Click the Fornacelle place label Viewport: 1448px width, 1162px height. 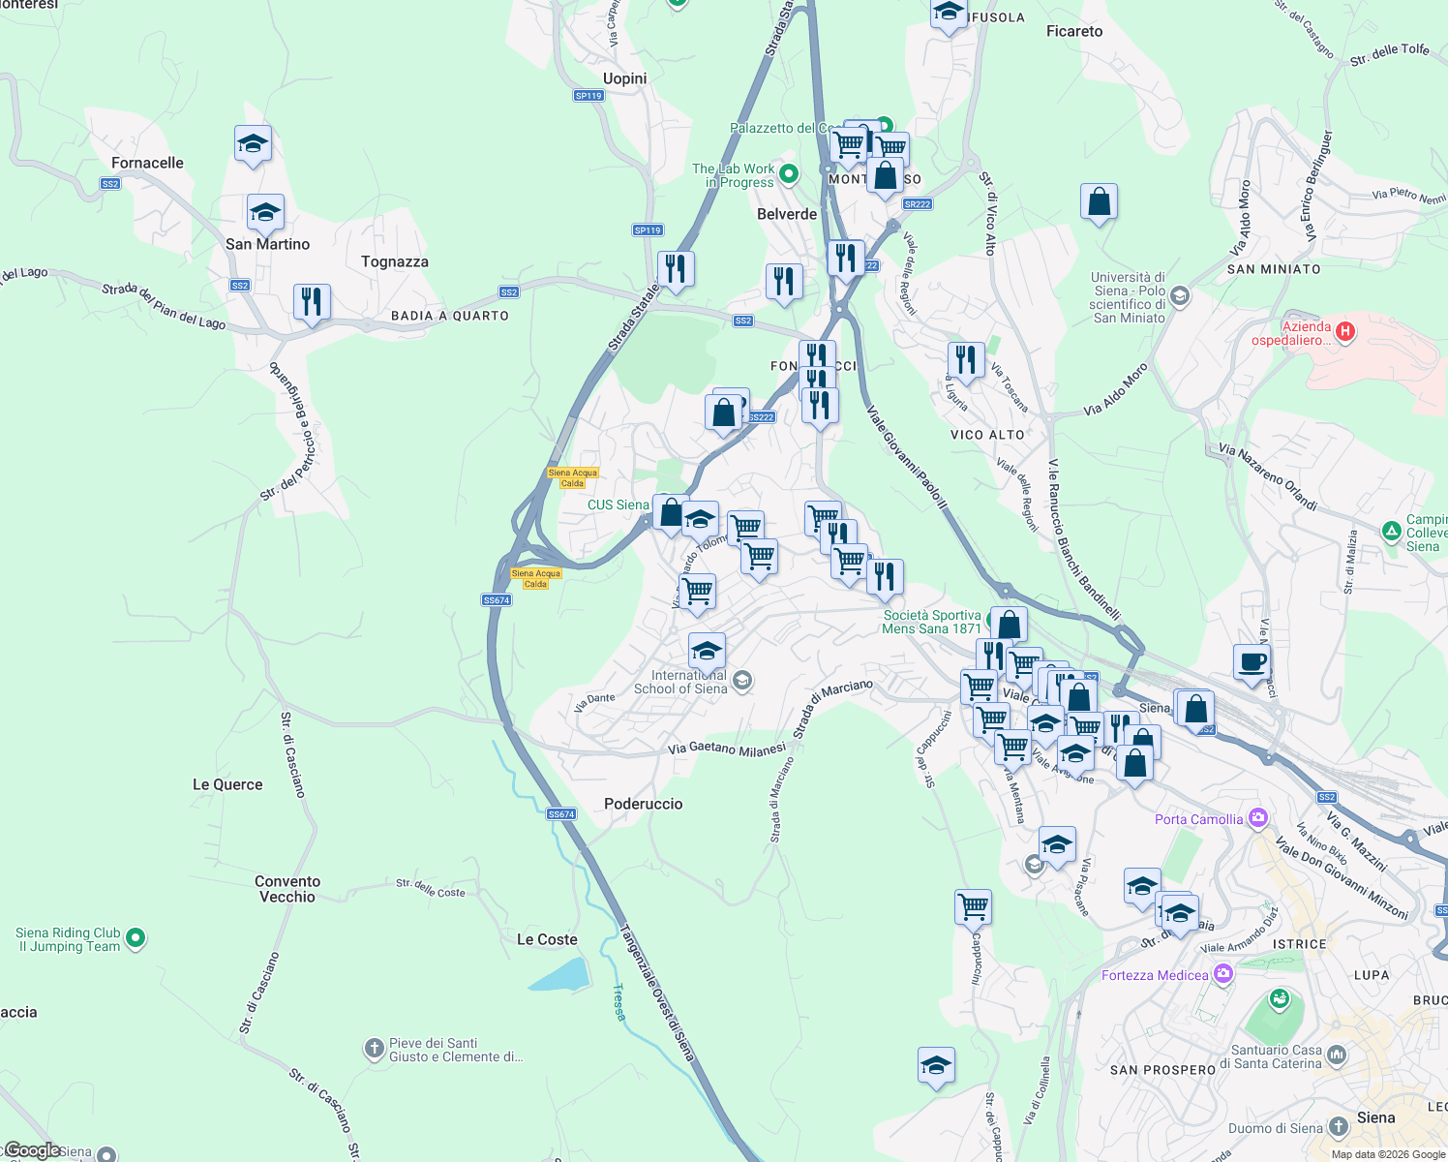pyautogui.click(x=147, y=163)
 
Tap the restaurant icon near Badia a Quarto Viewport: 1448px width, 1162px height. pyautogui.click(x=312, y=302)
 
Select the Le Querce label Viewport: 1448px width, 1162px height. pyautogui.click(x=227, y=784)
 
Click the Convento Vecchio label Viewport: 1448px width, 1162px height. pyautogui.click(x=287, y=889)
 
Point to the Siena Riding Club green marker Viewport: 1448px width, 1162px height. pyautogui.click(x=136, y=937)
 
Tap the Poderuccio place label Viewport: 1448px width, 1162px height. pyautogui.click(x=643, y=804)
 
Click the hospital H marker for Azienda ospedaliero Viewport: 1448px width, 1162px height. pyautogui.click(x=1344, y=332)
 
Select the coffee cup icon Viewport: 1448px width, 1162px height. pyautogui.click(x=1252, y=662)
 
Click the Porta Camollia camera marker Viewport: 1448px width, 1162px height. pyautogui.click(x=1257, y=818)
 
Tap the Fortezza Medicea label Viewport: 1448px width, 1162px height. pyautogui.click(x=1155, y=975)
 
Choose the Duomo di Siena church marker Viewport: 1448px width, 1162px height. pyautogui.click(x=1338, y=1126)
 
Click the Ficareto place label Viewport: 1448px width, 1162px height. pyautogui.click(x=1074, y=31)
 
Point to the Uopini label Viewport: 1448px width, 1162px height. pyautogui.click(x=624, y=78)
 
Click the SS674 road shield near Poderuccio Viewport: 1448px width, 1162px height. pyautogui.click(x=561, y=814)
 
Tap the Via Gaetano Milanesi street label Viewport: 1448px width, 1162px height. pyautogui.click(x=727, y=749)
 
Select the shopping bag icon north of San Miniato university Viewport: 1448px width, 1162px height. pyautogui.click(x=1099, y=202)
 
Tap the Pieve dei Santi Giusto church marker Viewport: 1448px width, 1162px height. pyautogui.click(x=374, y=1049)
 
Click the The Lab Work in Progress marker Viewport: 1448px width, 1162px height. pyautogui.click(x=789, y=174)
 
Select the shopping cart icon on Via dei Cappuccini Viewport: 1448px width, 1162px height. pyautogui.click(x=973, y=907)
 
